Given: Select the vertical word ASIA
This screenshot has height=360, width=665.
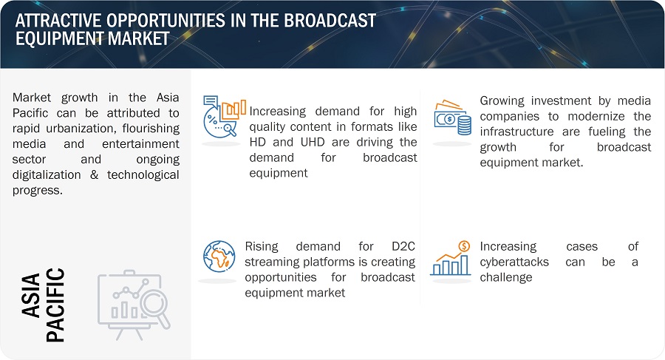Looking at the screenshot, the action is [x=31, y=296].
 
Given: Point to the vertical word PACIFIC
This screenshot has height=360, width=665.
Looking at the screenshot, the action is [x=55, y=305].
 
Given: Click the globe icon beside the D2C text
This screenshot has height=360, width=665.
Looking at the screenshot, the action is [x=219, y=257].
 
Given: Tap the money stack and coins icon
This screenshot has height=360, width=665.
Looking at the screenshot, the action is [x=452, y=118].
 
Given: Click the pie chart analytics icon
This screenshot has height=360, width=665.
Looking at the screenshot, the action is [x=224, y=116].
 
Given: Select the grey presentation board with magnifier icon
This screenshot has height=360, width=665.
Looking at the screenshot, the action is [x=134, y=305].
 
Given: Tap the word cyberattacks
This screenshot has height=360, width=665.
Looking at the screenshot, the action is [x=514, y=262].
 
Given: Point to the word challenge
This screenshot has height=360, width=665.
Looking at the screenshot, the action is [x=506, y=278].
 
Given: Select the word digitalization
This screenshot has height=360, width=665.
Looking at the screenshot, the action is [x=47, y=175].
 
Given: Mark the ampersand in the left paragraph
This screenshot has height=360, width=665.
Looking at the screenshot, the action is [x=94, y=175].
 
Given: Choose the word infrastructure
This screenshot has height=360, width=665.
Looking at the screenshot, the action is [x=516, y=132].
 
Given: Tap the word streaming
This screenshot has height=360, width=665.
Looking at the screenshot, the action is [x=271, y=262].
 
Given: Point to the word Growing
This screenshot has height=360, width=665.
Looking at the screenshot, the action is [x=501, y=101].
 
